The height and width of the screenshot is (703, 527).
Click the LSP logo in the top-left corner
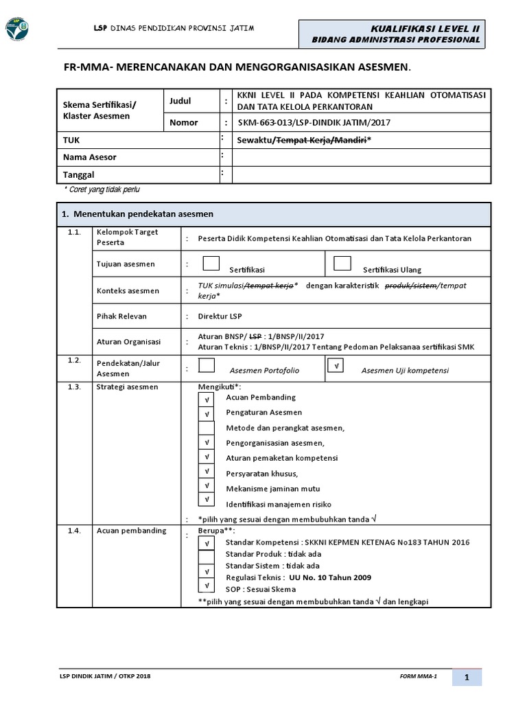coord(17,28)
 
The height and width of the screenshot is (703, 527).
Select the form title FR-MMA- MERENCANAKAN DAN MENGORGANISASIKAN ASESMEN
coord(237,67)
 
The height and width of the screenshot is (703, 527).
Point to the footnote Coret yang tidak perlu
coord(102,189)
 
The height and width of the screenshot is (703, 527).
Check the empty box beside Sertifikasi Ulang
coord(342,264)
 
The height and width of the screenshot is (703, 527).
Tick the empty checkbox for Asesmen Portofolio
coord(207,365)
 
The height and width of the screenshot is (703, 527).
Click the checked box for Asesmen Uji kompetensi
coord(336,366)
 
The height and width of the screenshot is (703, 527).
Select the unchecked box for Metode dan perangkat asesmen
coord(206,428)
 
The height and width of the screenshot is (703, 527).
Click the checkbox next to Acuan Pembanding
coord(206,398)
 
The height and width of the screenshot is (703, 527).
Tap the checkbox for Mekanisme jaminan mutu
coord(206,485)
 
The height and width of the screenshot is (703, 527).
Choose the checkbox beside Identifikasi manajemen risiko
coord(206,500)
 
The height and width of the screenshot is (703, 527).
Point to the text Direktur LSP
coord(220,316)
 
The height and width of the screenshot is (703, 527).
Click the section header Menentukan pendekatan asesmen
coord(137,214)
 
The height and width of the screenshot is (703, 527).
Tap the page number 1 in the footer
coord(466,678)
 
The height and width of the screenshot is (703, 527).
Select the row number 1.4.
coord(75,531)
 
